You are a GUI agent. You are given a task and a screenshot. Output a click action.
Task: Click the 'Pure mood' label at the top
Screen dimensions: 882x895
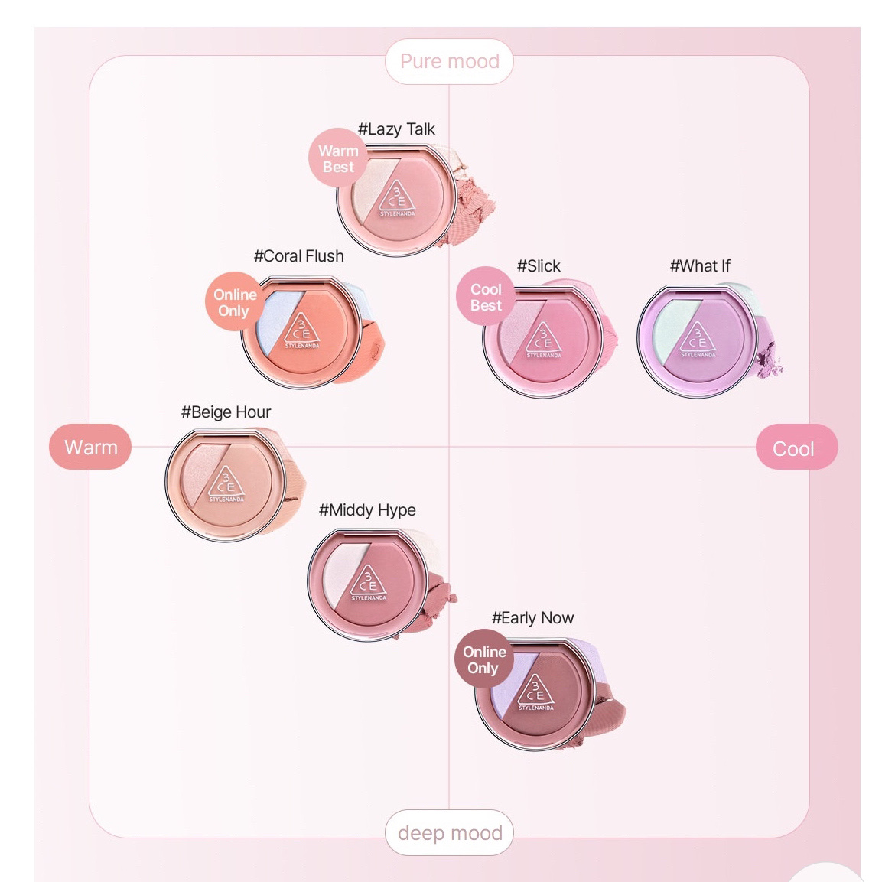tap(449, 61)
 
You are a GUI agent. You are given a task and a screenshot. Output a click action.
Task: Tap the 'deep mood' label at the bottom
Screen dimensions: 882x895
tap(450, 832)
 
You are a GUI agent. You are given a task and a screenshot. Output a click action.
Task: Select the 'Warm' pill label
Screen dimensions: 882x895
tap(90, 447)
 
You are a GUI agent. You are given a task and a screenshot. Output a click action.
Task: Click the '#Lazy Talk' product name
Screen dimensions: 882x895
tap(396, 129)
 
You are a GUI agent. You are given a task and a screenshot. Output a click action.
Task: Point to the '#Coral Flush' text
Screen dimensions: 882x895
tap(298, 255)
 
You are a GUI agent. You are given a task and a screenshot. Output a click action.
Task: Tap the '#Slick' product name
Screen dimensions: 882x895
tap(539, 265)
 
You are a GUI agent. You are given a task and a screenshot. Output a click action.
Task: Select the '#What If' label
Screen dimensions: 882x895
tap(699, 265)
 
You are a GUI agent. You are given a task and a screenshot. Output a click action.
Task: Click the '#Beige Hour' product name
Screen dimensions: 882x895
tap(226, 412)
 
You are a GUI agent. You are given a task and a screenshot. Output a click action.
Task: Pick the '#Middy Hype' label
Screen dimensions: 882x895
tap(367, 509)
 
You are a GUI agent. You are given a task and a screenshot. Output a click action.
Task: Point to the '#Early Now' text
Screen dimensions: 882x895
tap(532, 617)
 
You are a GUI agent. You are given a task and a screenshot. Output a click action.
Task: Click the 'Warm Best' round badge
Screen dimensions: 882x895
tap(338, 158)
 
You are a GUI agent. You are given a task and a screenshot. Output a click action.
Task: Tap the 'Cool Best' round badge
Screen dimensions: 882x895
tap(486, 297)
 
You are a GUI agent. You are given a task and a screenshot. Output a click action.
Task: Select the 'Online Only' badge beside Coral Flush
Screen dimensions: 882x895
tap(234, 302)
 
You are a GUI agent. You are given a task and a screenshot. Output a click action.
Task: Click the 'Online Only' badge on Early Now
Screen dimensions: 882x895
tap(483, 659)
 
